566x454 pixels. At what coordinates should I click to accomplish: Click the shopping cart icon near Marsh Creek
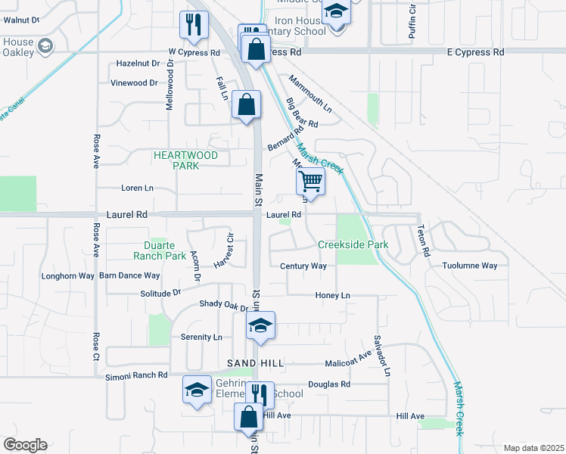click(x=310, y=182)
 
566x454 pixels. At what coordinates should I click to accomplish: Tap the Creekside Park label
click(x=353, y=244)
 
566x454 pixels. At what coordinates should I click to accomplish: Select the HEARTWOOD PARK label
click(x=185, y=160)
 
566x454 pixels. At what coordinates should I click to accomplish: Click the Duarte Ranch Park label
click(x=165, y=250)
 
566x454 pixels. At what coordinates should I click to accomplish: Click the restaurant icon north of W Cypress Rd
click(x=194, y=24)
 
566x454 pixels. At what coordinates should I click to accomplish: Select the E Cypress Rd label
click(x=475, y=52)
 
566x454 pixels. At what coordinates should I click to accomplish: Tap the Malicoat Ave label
click(x=348, y=363)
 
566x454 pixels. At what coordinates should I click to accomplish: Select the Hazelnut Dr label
click(x=138, y=64)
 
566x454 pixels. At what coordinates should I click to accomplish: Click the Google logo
click(x=25, y=445)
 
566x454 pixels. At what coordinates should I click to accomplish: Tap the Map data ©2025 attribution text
click(x=533, y=448)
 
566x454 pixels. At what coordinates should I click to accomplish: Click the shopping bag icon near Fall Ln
click(x=247, y=104)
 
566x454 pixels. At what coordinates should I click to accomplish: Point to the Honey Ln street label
click(x=334, y=295)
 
